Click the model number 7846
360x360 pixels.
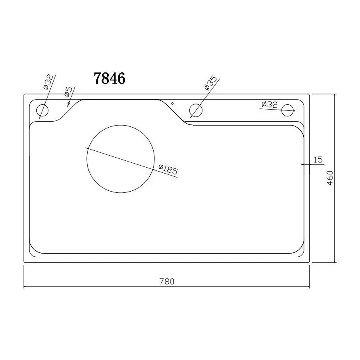click(x=110, y=78)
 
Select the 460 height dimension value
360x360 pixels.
click(x=330, y=178)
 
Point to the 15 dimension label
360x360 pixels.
click(x=318, y=160)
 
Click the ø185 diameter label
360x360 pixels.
click(x=168, y=170)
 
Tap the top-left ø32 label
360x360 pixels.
click(x=47, y=82)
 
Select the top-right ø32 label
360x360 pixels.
click(x=269, y=104)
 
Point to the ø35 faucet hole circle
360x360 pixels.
click(x=195, y=110)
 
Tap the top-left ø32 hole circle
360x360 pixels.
click(x=42, y=110)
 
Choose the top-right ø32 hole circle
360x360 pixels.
click(x=287, y=110)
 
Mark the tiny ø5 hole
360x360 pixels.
click(x=68, y=104)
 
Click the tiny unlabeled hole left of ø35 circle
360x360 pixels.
click(x=172, y=103)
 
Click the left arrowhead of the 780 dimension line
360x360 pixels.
click(x=25, y=287)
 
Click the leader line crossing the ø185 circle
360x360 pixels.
click(x=132, y=162)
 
